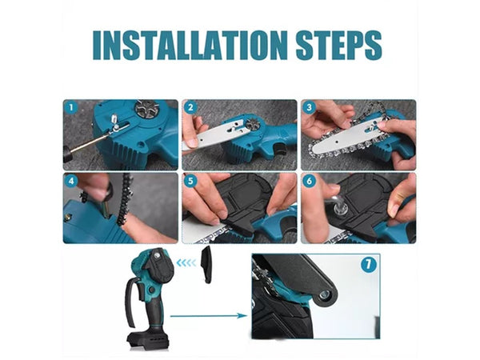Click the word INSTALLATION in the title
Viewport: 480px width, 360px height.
click(x=190, y=45)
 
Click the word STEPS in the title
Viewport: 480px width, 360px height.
click(x=339, y=45)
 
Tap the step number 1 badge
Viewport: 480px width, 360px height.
click(x=71, y=107)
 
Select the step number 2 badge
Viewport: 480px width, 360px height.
click(x=190, y=107)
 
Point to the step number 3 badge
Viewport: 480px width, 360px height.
click(x=309, y=107)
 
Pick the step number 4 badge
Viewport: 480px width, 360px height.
click(x=71, y=181)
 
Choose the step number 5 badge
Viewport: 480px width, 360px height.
click(x=190, y=181)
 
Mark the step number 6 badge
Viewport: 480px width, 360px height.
click(x=309, y=181)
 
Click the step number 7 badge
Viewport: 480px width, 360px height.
click(x=368, y=265)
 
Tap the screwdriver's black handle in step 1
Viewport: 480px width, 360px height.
click(x=68, y=154)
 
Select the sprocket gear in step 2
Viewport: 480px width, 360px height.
click(x=254, y=126)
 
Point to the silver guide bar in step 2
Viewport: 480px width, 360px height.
click(x=214, y=135)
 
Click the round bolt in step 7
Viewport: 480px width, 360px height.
click(x=324, y=295)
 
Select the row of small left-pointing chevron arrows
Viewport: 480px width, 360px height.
click(x=186, y=262)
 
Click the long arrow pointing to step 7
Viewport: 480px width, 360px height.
click(x=209, y=316)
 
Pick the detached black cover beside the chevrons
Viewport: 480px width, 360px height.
click(x=206, y=265)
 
